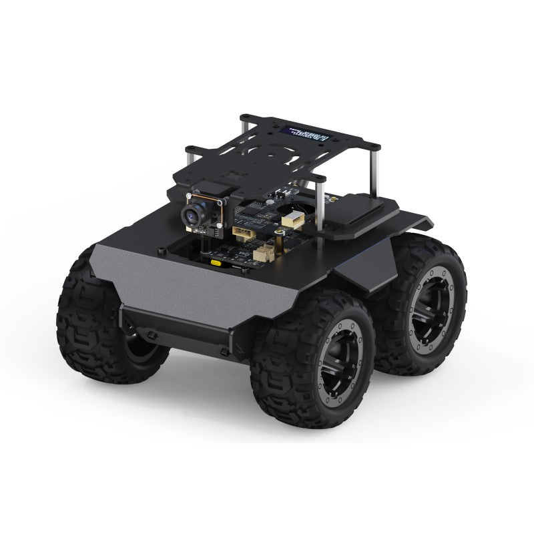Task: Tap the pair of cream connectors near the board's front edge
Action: click(x=264, y=253)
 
